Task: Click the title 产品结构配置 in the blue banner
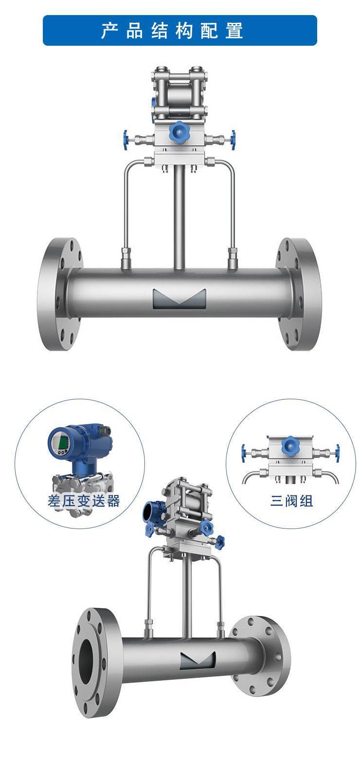(172, 31)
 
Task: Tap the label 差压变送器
(84, 501)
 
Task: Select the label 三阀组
(291, 501)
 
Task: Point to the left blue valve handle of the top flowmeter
(126, 140)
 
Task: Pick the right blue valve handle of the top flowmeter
(233, 140)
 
